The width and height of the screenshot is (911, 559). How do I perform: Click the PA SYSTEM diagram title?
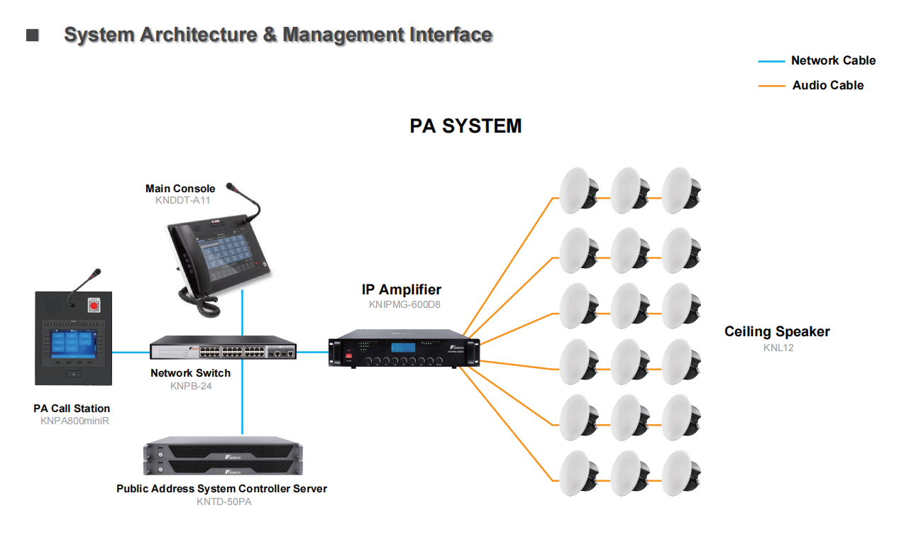click(x=465, y=126)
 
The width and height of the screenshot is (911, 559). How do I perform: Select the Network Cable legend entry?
click(x=833, y=61)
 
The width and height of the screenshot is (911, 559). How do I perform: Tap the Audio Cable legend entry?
click(x=827, y=85)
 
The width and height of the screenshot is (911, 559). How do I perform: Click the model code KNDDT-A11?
click(x=183, y=200)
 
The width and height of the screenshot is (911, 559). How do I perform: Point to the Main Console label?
click(x=180, y=189)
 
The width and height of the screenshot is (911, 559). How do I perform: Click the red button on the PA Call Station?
click(x=92, y=306)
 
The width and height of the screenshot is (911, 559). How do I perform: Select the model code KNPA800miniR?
click(x=74, y=421)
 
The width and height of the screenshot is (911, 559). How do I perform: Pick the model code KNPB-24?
click(x=191, y=386)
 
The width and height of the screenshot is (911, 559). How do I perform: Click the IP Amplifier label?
click(x=401, y=289)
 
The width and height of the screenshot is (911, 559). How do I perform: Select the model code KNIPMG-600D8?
click(x=404, y=305)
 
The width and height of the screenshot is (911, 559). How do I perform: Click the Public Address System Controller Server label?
click(x=221, y=489)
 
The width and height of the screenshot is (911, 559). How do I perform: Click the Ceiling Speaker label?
click(x=777, y=331)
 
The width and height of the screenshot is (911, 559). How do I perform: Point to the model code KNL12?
click(x=778, y=348)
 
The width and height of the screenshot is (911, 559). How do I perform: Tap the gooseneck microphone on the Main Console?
click(x=245, y=202)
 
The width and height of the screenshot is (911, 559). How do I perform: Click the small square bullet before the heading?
click(x=33, y=35)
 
